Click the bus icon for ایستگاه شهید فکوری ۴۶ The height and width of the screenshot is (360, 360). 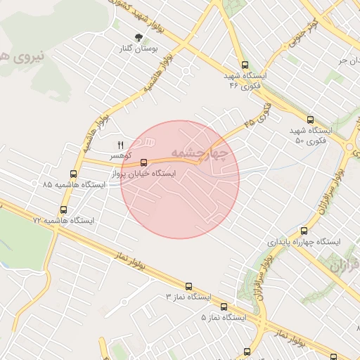[244, 65]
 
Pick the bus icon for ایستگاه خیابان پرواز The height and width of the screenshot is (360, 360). [144, 162]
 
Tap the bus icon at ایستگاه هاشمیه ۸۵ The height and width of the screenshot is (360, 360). [74, 174]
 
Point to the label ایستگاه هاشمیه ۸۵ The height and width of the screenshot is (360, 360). [73, 184]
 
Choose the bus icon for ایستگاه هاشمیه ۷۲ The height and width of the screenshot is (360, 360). [64, 210]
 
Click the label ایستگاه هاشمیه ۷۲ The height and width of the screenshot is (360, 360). [63, 220]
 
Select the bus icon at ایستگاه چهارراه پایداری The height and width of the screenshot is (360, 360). [304, 231]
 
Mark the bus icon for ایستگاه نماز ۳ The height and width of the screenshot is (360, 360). [188, 286]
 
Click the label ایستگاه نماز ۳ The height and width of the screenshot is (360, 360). [188, 297]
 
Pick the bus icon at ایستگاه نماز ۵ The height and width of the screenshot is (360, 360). [224, 307]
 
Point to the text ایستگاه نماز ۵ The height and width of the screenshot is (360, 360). [224, 317]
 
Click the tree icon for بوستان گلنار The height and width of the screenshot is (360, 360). [139, 38]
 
